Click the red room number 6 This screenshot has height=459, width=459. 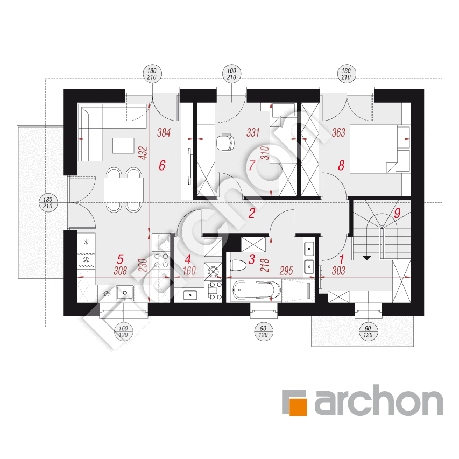tap(162, 165)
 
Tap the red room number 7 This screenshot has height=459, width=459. tap(251, 165)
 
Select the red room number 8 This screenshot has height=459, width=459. tap(341, 165)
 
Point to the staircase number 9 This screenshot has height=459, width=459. tap(397, 213)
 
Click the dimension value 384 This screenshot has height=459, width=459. tap(164, 132)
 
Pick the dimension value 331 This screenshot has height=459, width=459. tap(253, 132)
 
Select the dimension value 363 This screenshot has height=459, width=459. tap(338, 132)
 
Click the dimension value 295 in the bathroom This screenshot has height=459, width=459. tap(286, 271)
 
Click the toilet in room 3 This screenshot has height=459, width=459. tap(237, 266)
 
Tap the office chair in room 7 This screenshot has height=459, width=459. tap(225, 143)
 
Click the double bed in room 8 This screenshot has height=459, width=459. tap(373, 149)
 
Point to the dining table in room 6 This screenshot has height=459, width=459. tap(124, 189)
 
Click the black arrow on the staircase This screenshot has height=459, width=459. tap(366, 258)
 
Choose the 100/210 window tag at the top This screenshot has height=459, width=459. tap(231, 74)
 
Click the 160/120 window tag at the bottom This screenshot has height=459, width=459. tap(123, 331)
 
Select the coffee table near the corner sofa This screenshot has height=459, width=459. tap(124, 145)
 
